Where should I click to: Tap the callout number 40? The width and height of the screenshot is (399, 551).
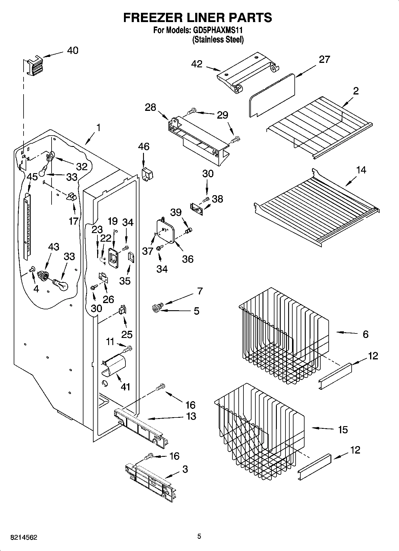72,51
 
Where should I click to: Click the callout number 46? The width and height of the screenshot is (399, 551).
144,147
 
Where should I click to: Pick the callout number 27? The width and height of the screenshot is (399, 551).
324,60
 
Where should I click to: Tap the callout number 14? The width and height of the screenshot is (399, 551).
361,170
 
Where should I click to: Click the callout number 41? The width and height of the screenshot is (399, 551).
125,387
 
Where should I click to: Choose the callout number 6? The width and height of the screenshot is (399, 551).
365,334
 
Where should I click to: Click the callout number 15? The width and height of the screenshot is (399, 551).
343,429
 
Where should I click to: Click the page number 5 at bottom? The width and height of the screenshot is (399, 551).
199,536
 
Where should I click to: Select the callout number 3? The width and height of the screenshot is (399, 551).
185,469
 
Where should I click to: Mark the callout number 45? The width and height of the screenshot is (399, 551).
32,177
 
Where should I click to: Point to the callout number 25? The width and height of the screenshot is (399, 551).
127,334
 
